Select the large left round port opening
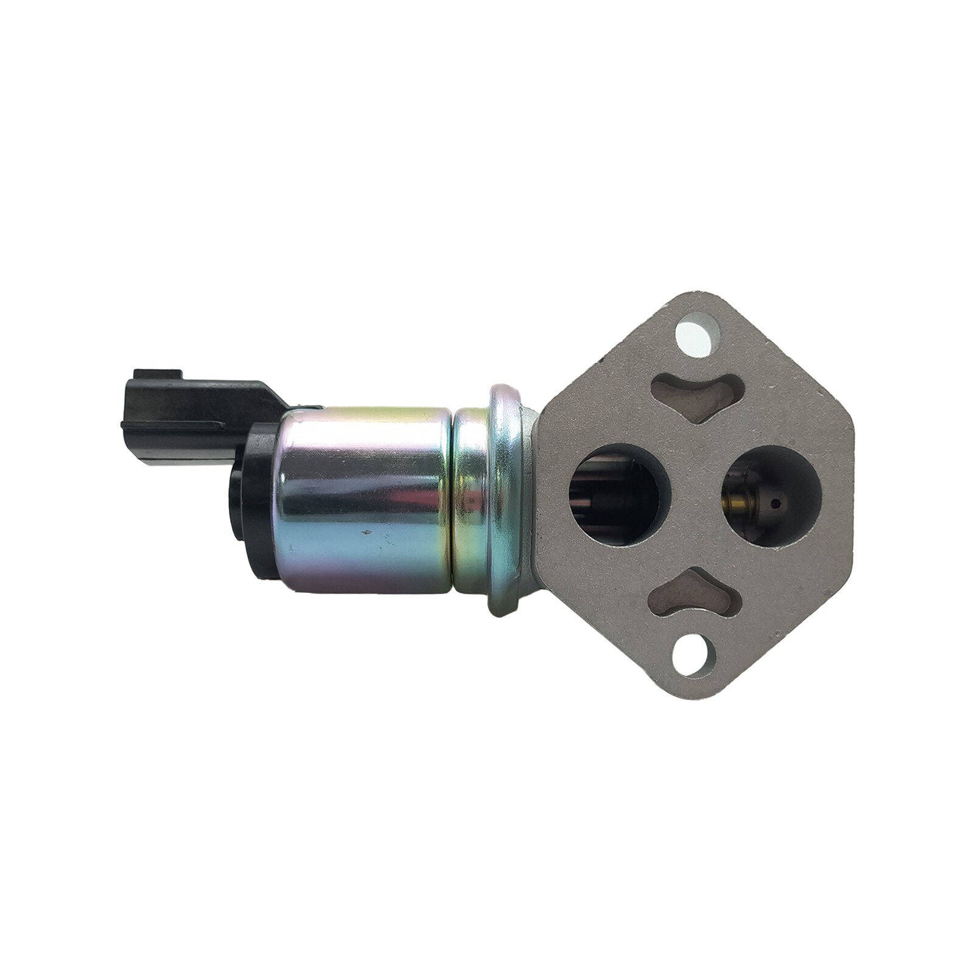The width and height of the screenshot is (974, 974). click(619, 494)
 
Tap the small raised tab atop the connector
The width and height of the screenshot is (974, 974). click(157, 373)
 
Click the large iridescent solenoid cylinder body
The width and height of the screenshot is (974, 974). click(362, 499)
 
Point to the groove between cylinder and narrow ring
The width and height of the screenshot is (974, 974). click(453, 499)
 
